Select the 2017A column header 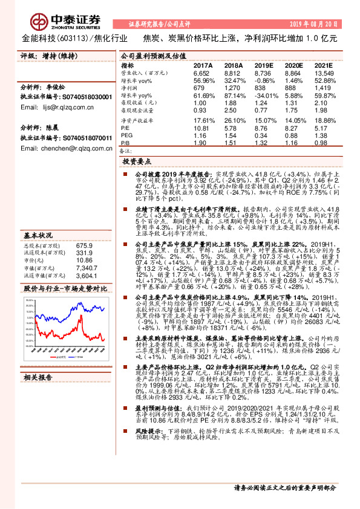(203, 65)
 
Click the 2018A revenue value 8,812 (234, 73)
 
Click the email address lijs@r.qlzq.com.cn (48, 107)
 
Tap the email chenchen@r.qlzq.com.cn (55, 149)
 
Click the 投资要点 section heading (136, 162)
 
